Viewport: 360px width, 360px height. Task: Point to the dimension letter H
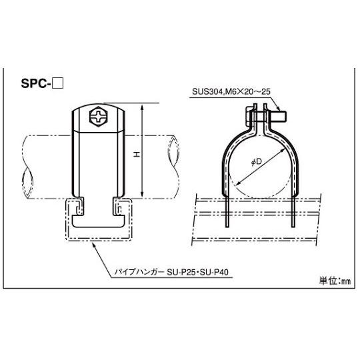coord(135,154)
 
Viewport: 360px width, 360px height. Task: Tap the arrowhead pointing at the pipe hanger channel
coord(92,244)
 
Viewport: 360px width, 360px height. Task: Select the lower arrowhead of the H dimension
coord(141,197)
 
